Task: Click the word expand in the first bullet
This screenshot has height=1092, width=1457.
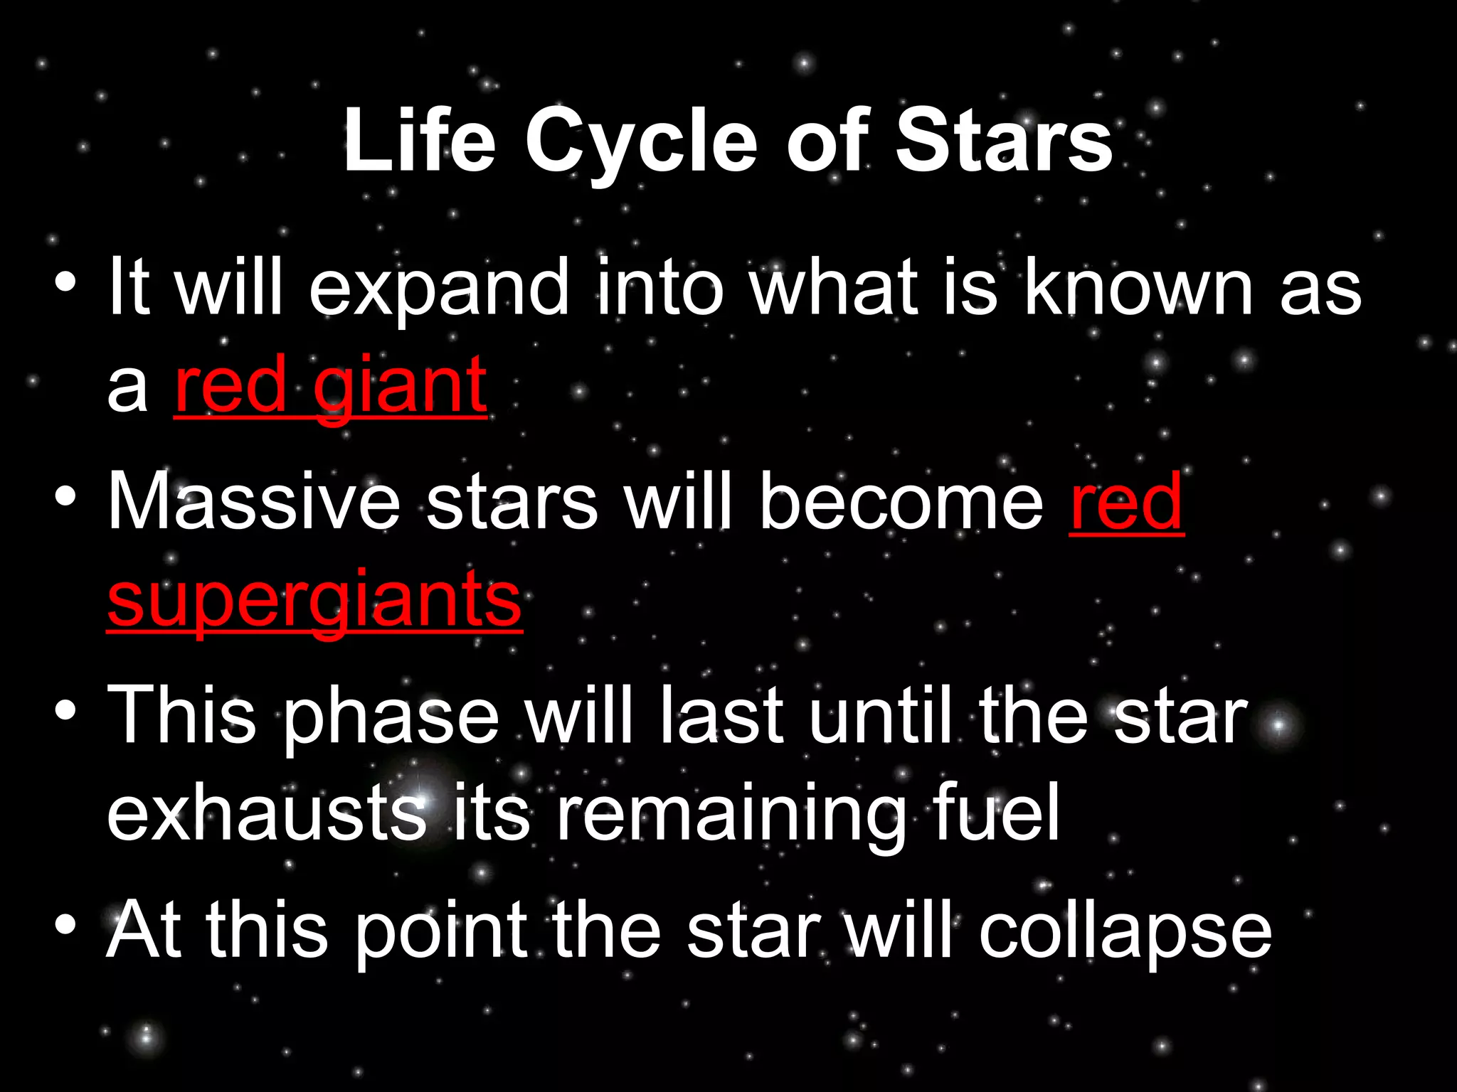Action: [x=438, y=288]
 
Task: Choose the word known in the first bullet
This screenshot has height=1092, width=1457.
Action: [x=1138, y=288]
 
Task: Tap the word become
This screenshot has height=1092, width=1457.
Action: [x=901, y=501]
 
